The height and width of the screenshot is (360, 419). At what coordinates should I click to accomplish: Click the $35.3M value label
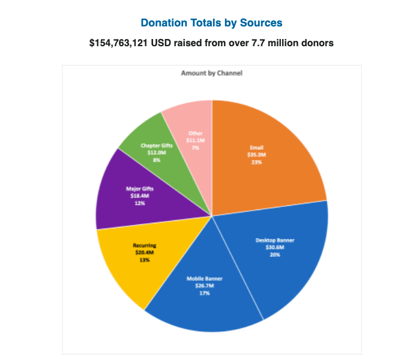tap(256, 155)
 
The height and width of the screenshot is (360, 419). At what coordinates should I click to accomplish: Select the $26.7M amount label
tap(203, 286)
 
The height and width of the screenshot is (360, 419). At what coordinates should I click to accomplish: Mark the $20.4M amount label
tap(144, 253)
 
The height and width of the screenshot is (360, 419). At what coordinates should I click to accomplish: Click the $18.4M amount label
tap(140, 196)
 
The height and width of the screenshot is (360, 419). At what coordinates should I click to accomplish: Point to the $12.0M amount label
tap(156, 152)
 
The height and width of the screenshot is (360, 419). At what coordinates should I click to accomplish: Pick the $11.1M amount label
tap(195, 140)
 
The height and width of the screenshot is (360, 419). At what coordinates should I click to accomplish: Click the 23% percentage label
tap(256, 162)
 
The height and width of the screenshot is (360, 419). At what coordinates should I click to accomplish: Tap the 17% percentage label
tap(203, 293)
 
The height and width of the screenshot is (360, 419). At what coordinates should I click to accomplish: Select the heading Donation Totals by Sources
tap(211, 23)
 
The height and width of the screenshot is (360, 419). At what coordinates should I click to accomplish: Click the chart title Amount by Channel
tap(211, 73)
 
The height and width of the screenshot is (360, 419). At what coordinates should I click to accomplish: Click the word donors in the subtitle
tap(318, 43)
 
